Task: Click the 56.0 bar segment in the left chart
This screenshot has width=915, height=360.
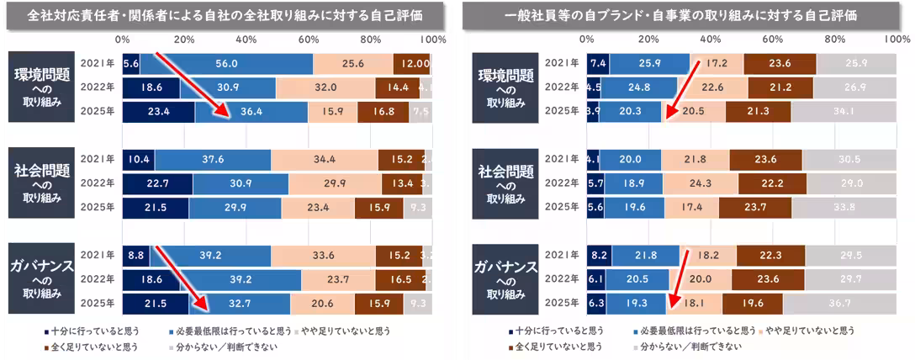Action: (x=225, y=63)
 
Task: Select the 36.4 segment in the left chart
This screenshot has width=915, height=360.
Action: (x=251, y=112)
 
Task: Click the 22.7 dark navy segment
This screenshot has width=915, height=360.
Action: (x=157, y=183)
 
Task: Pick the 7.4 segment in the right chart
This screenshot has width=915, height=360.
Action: (x=598, y=63)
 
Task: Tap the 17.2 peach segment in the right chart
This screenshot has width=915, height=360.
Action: (x=717, y=63)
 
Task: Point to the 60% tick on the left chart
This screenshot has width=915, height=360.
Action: (x=309, y=40)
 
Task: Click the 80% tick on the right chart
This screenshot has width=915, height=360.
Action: (x=834, y=40)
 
